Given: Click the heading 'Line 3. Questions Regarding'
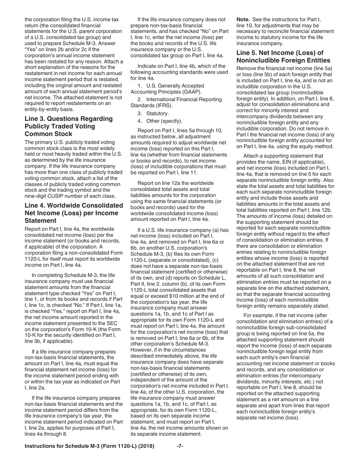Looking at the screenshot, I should pos(68,119).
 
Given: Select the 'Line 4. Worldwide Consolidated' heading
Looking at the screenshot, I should pos(74,205).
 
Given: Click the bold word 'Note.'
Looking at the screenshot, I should pos(243,19).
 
